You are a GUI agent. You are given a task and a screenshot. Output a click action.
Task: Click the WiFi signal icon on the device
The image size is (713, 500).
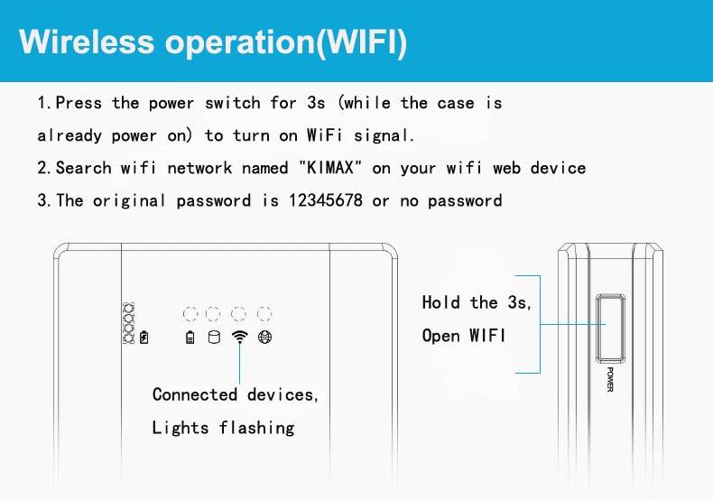(240, 337)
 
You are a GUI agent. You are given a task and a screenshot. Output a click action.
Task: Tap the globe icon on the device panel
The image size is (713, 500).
(264, 337)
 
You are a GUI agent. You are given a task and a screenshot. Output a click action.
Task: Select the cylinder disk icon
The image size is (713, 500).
(214, 337)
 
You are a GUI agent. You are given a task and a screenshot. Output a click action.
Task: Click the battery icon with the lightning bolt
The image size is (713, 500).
(144, 338)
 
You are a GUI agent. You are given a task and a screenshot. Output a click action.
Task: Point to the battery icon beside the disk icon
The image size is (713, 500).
(190, 338)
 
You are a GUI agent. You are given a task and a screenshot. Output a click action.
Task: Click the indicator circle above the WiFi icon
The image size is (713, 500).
(239, 314)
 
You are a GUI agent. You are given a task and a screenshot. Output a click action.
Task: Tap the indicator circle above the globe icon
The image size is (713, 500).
(264, 314)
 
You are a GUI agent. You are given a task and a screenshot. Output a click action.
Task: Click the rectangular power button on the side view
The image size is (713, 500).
(610, 329)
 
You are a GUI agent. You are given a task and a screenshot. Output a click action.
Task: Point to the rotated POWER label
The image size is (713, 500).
(610, 380)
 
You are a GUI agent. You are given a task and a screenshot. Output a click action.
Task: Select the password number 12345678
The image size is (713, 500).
(326, 200)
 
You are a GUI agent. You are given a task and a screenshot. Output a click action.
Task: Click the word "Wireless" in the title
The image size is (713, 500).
(87, 42)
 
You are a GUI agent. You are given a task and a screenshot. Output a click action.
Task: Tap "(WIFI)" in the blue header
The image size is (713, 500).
(362, 43)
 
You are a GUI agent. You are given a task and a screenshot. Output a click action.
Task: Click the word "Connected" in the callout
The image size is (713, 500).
(195, 394)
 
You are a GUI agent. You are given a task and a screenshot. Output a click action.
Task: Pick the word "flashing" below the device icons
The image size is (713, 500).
(257, 427)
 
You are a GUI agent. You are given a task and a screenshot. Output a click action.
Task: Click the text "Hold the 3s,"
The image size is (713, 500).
(477, 302)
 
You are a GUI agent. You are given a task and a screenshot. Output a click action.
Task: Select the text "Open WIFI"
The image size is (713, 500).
(463, 336)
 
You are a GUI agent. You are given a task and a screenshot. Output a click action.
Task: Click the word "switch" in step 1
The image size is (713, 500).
(232, 103)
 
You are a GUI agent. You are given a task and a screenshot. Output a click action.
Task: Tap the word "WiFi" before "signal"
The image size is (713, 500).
(324, 135)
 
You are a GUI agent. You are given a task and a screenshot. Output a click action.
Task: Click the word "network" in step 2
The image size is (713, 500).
(199, 168)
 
